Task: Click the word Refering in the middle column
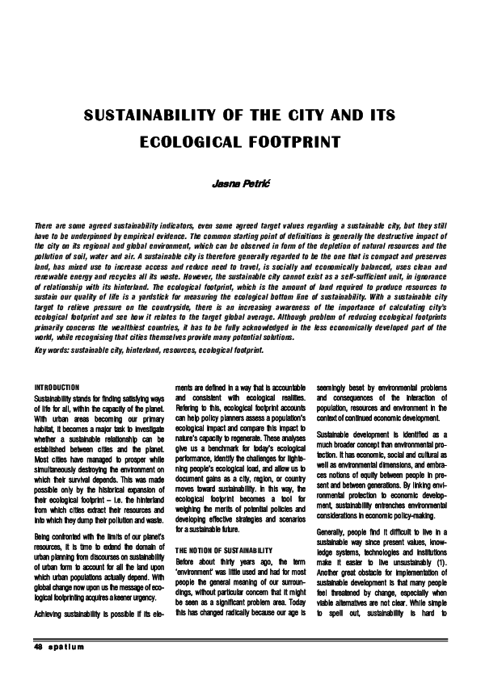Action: [x=189, y=420]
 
